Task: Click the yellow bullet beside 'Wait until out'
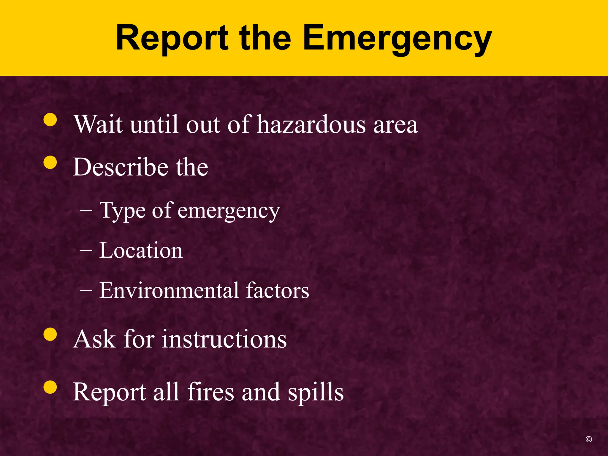pyautogui.click(x=50, y=120)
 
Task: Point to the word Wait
pyautogui.click(x=98, y=124)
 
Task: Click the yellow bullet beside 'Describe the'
pyautogui.click(x=50, y=162)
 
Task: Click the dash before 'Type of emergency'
pyautogui.click(x=86, y=211)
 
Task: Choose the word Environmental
pyautogui.click(x=169, y=290)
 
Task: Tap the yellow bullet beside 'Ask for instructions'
pyautogui.click(x=50, y=335)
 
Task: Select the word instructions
pyautogui.click(x=224, y=339)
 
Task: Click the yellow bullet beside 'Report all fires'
pyautogui.click(x=50, y=387)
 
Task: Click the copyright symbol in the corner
pyautogui.click(x=589, y=439)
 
